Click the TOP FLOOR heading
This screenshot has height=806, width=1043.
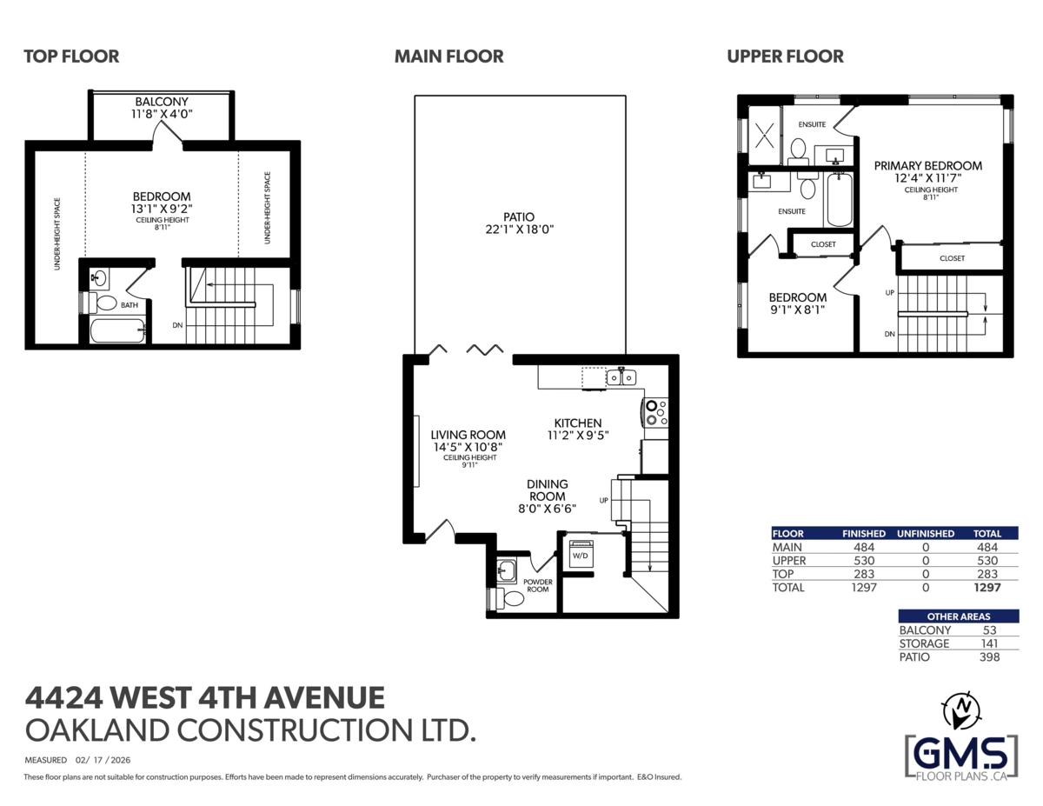pyautogui.click(x=71, y=57)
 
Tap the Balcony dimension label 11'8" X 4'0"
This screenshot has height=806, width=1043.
pyautogui.click(x=162, y=113)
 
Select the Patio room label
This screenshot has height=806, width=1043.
pyautogui.click(x=518, y=216)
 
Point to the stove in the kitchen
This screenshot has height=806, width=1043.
pyautogui.click(x=655, y=411)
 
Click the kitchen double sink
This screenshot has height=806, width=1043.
pyautogui.click(x=621, y=377)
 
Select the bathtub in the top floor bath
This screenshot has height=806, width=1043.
pyautogui.click(x=116, y=331)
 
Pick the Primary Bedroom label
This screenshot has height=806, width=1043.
pyautogui.click(x=927, y=165)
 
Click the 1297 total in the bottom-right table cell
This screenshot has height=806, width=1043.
pyautogui.click(x=987, y=588)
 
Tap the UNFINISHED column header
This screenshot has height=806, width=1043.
pyautogui.click(x=925, y=533)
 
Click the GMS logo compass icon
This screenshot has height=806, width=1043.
pyautogui.click(x=961, y=711)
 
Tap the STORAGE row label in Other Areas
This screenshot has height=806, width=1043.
pyautogui.click(x=924, y=643)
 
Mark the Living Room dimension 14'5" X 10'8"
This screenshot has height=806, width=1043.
pyautogui.click(x=468, y=447)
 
